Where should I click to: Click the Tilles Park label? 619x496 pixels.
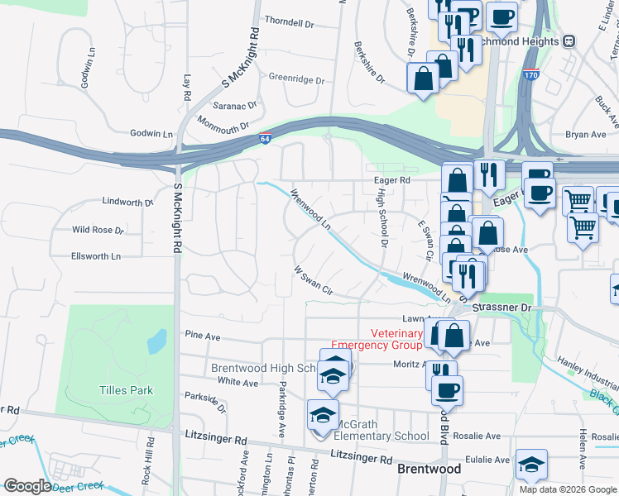coord(127,390)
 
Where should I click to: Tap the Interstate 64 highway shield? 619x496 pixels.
coord(264,138)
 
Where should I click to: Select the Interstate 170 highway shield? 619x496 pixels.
coord(531,75)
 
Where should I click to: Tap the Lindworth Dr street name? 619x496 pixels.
coord(127,202)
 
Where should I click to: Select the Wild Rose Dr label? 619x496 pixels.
coord(98,230)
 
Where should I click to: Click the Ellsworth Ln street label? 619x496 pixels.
coord(96,256)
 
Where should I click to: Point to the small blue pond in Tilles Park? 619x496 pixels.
coord(155,341)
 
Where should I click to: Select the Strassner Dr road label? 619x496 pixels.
coord(502,307)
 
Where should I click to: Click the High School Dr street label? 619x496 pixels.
coord(382,217)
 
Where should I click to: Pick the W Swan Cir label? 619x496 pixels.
coord(313,281)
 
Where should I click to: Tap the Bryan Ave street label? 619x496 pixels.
coord(586,134)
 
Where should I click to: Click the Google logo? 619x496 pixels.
coord(26,486)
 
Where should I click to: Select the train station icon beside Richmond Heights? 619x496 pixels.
coord(569,41)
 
